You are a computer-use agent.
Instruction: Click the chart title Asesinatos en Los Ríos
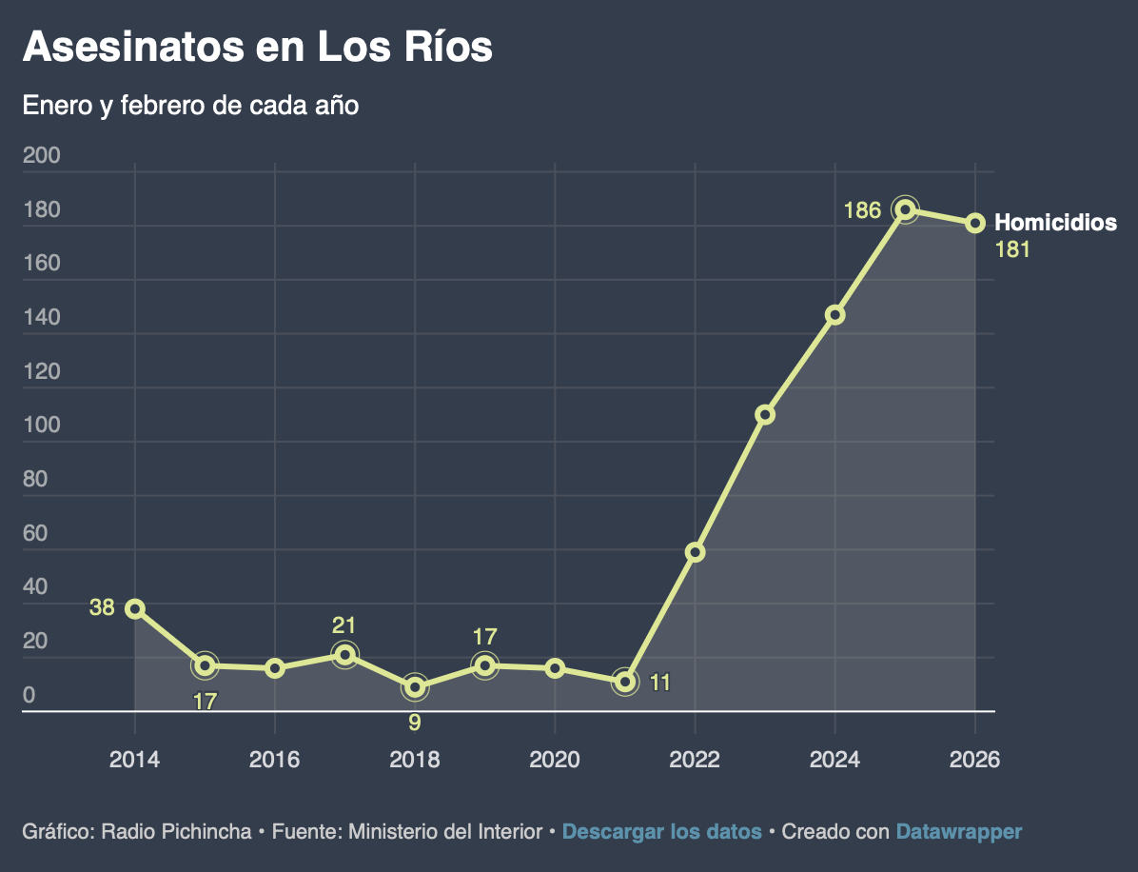257,47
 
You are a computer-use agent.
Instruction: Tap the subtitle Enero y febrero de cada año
190,105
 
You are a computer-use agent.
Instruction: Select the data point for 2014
135,609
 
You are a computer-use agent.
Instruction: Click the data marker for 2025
905,209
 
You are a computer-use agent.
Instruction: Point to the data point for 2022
696,552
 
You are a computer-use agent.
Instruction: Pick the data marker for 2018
415,687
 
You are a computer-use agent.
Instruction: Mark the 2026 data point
975,223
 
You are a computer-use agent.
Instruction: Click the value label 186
862,210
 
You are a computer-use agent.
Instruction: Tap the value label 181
1012,250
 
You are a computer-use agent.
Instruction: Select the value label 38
102,607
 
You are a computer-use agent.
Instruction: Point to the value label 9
415,723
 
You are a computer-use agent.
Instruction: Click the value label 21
343,625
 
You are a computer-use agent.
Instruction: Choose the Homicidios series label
1055,223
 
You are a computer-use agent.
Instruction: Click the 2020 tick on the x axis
555,760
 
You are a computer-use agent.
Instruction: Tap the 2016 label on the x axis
275,760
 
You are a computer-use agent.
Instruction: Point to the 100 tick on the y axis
41,426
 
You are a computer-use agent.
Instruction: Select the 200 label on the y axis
41,156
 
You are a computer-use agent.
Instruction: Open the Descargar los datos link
661,832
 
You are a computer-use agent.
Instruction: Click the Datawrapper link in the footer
958,832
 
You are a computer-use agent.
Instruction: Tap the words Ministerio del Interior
445,832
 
